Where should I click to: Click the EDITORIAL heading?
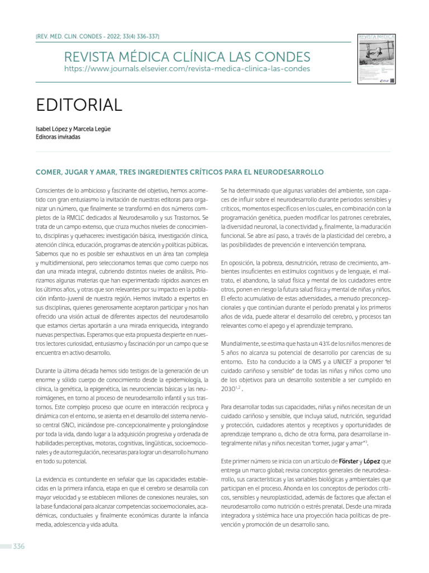tap(79, 105)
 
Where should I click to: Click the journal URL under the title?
tap(187, 68)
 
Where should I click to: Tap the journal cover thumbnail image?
tap(376, 59)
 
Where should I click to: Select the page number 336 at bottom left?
tap(19, 546)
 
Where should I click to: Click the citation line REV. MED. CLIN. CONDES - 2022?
tap(97, 37)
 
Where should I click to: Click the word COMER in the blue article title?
tap(49, 171)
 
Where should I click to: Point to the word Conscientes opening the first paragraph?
tap(52, 190)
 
